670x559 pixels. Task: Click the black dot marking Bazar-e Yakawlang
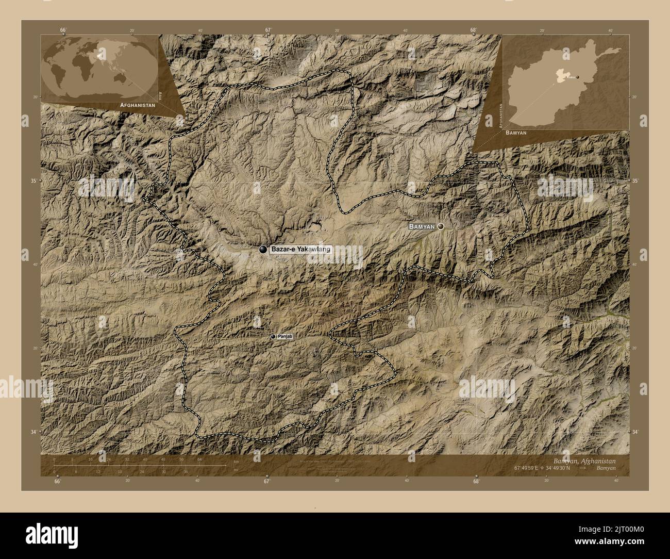(x=263, y=250)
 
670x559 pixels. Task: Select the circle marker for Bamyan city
(x=441, y=226)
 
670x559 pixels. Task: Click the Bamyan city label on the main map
(x=422, y=226)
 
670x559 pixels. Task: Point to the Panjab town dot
(x=273, y=337)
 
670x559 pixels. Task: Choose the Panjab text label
(x=285, y=337)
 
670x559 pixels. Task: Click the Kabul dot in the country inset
(x=578, y=77)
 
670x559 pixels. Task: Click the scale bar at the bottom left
(x=139, y=466)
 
